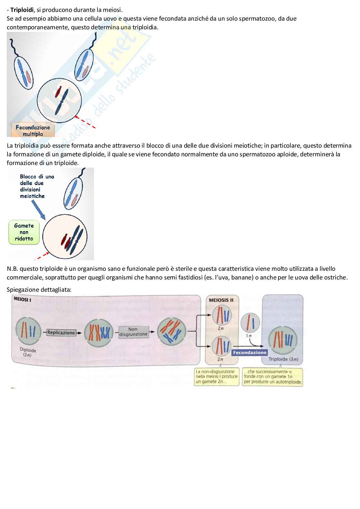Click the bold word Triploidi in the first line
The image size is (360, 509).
pyautogui.click(x=22, y=10)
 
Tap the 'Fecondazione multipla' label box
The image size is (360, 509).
pyautogui.click(x=33, y=131)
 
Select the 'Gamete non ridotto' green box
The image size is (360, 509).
pyautogui.click(x=24, y=232)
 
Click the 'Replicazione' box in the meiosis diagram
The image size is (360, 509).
pyautogui.click(x=61, y=333)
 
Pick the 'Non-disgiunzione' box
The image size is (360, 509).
pyautogui.click(x=134, y=332)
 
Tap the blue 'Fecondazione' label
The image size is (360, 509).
pyautogui.click(x=250, y=352)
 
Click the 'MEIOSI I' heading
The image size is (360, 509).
pyautogui.click(x=22, y=299)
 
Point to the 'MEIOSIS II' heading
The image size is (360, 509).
pyautogui.click(x=221, y=300)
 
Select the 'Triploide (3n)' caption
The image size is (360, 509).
pyautogui.click(x=283, y=359)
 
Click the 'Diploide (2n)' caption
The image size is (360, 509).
pyautogui.click(x=28, y=352)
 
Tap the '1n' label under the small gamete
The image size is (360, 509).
pyautogui.click(x=249, y=336)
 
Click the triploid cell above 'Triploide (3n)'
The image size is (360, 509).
pyautogui.click(x=283, y=340)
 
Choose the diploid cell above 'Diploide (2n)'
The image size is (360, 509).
pyautogui.click(x=28, y=331)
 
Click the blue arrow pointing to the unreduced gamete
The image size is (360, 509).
pyautogui.click(x=38, y=210)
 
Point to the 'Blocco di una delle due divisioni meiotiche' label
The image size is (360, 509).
pyautogui.click(x=37, y=186)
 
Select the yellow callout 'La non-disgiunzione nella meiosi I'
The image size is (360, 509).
pyautogui.click(x=216, y=377)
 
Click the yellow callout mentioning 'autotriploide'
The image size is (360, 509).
pyautogui.click(x=273, y=377)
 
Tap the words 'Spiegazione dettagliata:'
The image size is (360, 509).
pyautogui.click(x=39, y=290)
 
